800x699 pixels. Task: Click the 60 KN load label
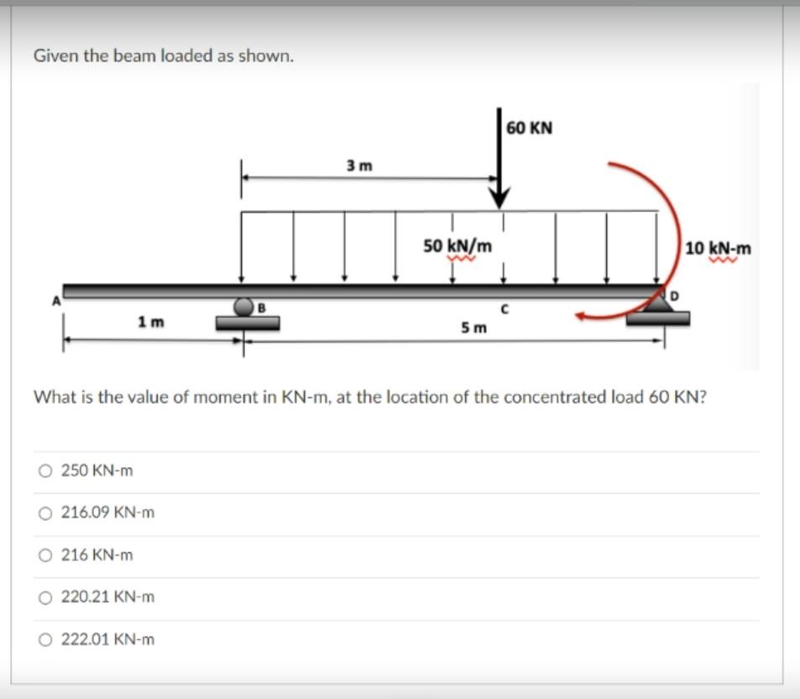click(530, 129)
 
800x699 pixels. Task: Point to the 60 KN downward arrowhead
click(500, 199)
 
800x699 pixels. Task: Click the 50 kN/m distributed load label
click(458, 246)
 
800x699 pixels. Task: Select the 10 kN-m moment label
click(718, 249)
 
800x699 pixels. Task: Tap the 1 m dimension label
click(152, 322)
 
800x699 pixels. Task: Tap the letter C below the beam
click(503, 309)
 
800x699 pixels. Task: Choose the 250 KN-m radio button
click(44, 471)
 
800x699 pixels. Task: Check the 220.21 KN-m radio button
click(44, 597)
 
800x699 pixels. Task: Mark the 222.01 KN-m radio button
click(44, 639)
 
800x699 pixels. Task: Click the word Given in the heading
click(53, 56)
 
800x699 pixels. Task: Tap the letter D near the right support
click(672, 296)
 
